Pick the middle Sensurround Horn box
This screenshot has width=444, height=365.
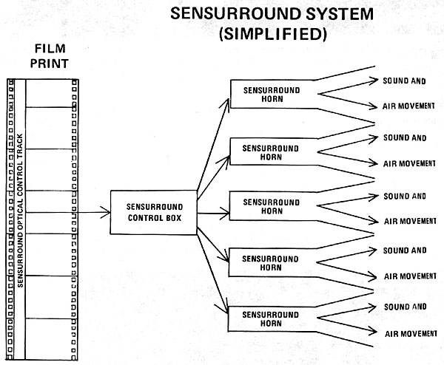(x=270, y=205)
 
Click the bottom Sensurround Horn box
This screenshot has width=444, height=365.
(x=270, y=318)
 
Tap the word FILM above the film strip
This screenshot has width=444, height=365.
(x=52, y=48)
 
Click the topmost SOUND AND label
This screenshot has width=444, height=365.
(x=404, y=80)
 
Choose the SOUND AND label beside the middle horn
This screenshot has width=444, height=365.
(x=404, y=196)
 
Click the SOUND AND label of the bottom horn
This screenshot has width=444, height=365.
(x=404, y=306)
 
